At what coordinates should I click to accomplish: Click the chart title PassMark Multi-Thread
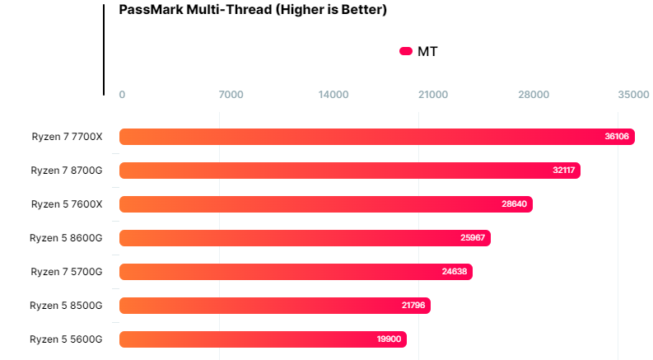point(253,11)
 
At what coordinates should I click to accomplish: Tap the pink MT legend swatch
point(405,51)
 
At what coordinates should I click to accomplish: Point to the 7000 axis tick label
point(231,95)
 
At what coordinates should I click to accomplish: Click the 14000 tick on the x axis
point(333,95)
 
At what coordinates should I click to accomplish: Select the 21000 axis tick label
point(433,95)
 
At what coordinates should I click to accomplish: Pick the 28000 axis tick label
point(534,95)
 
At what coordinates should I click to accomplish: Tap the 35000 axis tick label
point(634,95)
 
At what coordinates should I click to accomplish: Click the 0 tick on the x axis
point(123,95)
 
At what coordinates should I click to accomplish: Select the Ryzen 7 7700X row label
point(67,137)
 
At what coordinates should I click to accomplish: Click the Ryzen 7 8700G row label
point(67,171)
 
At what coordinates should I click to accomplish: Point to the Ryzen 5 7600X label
point(67,204)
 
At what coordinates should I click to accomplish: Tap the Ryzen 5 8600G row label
point(66,238)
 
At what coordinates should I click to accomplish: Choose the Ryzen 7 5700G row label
point(67,272)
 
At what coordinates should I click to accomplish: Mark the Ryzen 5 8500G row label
point(66,306)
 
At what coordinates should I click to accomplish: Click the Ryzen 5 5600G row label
point(66,339)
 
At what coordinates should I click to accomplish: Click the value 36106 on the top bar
point(616,137)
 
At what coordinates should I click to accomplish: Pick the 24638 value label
point(455,272)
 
